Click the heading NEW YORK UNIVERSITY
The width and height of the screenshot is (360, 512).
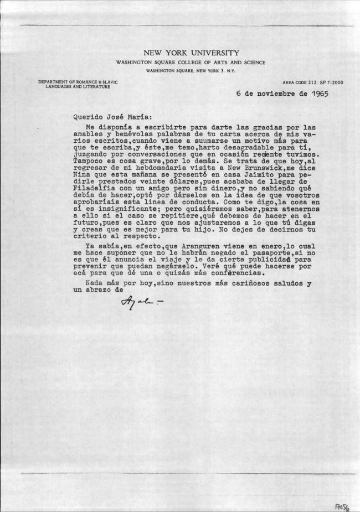[191, 53]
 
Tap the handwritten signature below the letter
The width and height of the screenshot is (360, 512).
[141, 301]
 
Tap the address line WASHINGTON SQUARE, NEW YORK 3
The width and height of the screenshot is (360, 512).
[190, 71]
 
